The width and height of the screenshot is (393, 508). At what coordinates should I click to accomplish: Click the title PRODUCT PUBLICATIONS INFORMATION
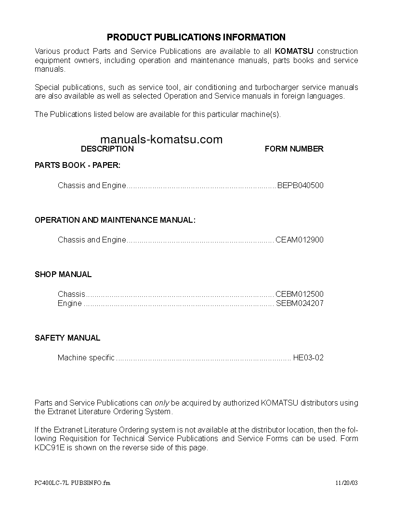pos(196,37)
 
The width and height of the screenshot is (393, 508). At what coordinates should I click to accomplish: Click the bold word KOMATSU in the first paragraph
pos(294,51)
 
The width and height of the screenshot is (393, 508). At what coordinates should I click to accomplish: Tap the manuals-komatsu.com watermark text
pos(162,140)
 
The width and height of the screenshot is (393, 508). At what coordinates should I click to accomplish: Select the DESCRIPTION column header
pos(107,149)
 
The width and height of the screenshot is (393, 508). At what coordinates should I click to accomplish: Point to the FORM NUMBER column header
pos(294,149)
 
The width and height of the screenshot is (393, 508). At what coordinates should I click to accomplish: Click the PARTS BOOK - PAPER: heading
pos(78,165)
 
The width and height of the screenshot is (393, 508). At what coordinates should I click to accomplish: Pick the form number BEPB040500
pos(300,185)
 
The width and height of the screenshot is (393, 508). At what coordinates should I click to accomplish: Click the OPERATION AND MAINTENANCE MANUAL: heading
pos(115,220)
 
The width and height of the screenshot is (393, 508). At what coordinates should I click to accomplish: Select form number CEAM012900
pos(299,240)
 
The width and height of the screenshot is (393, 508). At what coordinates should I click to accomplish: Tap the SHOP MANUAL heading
pos(63,274)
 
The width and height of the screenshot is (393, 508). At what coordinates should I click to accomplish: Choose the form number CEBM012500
pos(299,294)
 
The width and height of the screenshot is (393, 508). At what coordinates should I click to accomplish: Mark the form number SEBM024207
pos(300,304)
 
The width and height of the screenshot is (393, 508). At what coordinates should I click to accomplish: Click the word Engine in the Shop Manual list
pos(69,304)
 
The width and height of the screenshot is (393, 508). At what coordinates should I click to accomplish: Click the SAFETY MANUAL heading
pos(67,338)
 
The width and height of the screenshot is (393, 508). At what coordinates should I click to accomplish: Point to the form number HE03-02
pos(308,357)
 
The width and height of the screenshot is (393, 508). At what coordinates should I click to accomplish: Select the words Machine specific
pos(86,357)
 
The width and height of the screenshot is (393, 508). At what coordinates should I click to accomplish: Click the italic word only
pos(161,403)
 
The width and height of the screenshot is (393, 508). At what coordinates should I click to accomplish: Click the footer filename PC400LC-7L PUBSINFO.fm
pos(72,483)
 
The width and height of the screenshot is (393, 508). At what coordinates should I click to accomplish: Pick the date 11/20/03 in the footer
pos(347,483)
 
